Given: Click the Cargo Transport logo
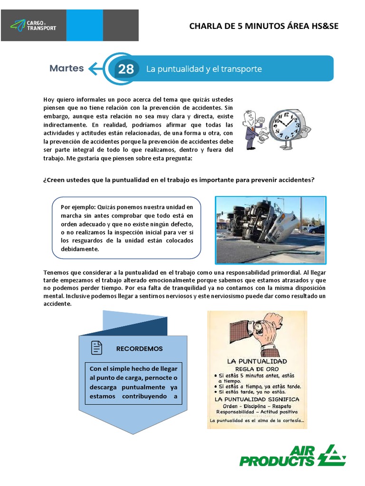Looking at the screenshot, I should pos(33,25).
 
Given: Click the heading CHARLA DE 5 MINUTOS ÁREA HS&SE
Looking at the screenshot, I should pos(264,26).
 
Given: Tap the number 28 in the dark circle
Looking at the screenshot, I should pos(126,69).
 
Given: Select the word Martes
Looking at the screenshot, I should pos(67,68).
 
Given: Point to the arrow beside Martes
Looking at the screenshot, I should pos(96,69).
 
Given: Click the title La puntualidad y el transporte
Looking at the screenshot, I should pos(204,69).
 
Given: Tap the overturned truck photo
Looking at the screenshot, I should pos(270,230).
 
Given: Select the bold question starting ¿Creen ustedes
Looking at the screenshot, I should pos(179,180).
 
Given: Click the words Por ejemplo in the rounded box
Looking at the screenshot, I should pos(78,207).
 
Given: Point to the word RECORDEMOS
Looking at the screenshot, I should pos(139,348).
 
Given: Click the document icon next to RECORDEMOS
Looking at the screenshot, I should pos(96,348).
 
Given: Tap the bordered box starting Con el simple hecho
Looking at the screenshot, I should pos(133,383).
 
